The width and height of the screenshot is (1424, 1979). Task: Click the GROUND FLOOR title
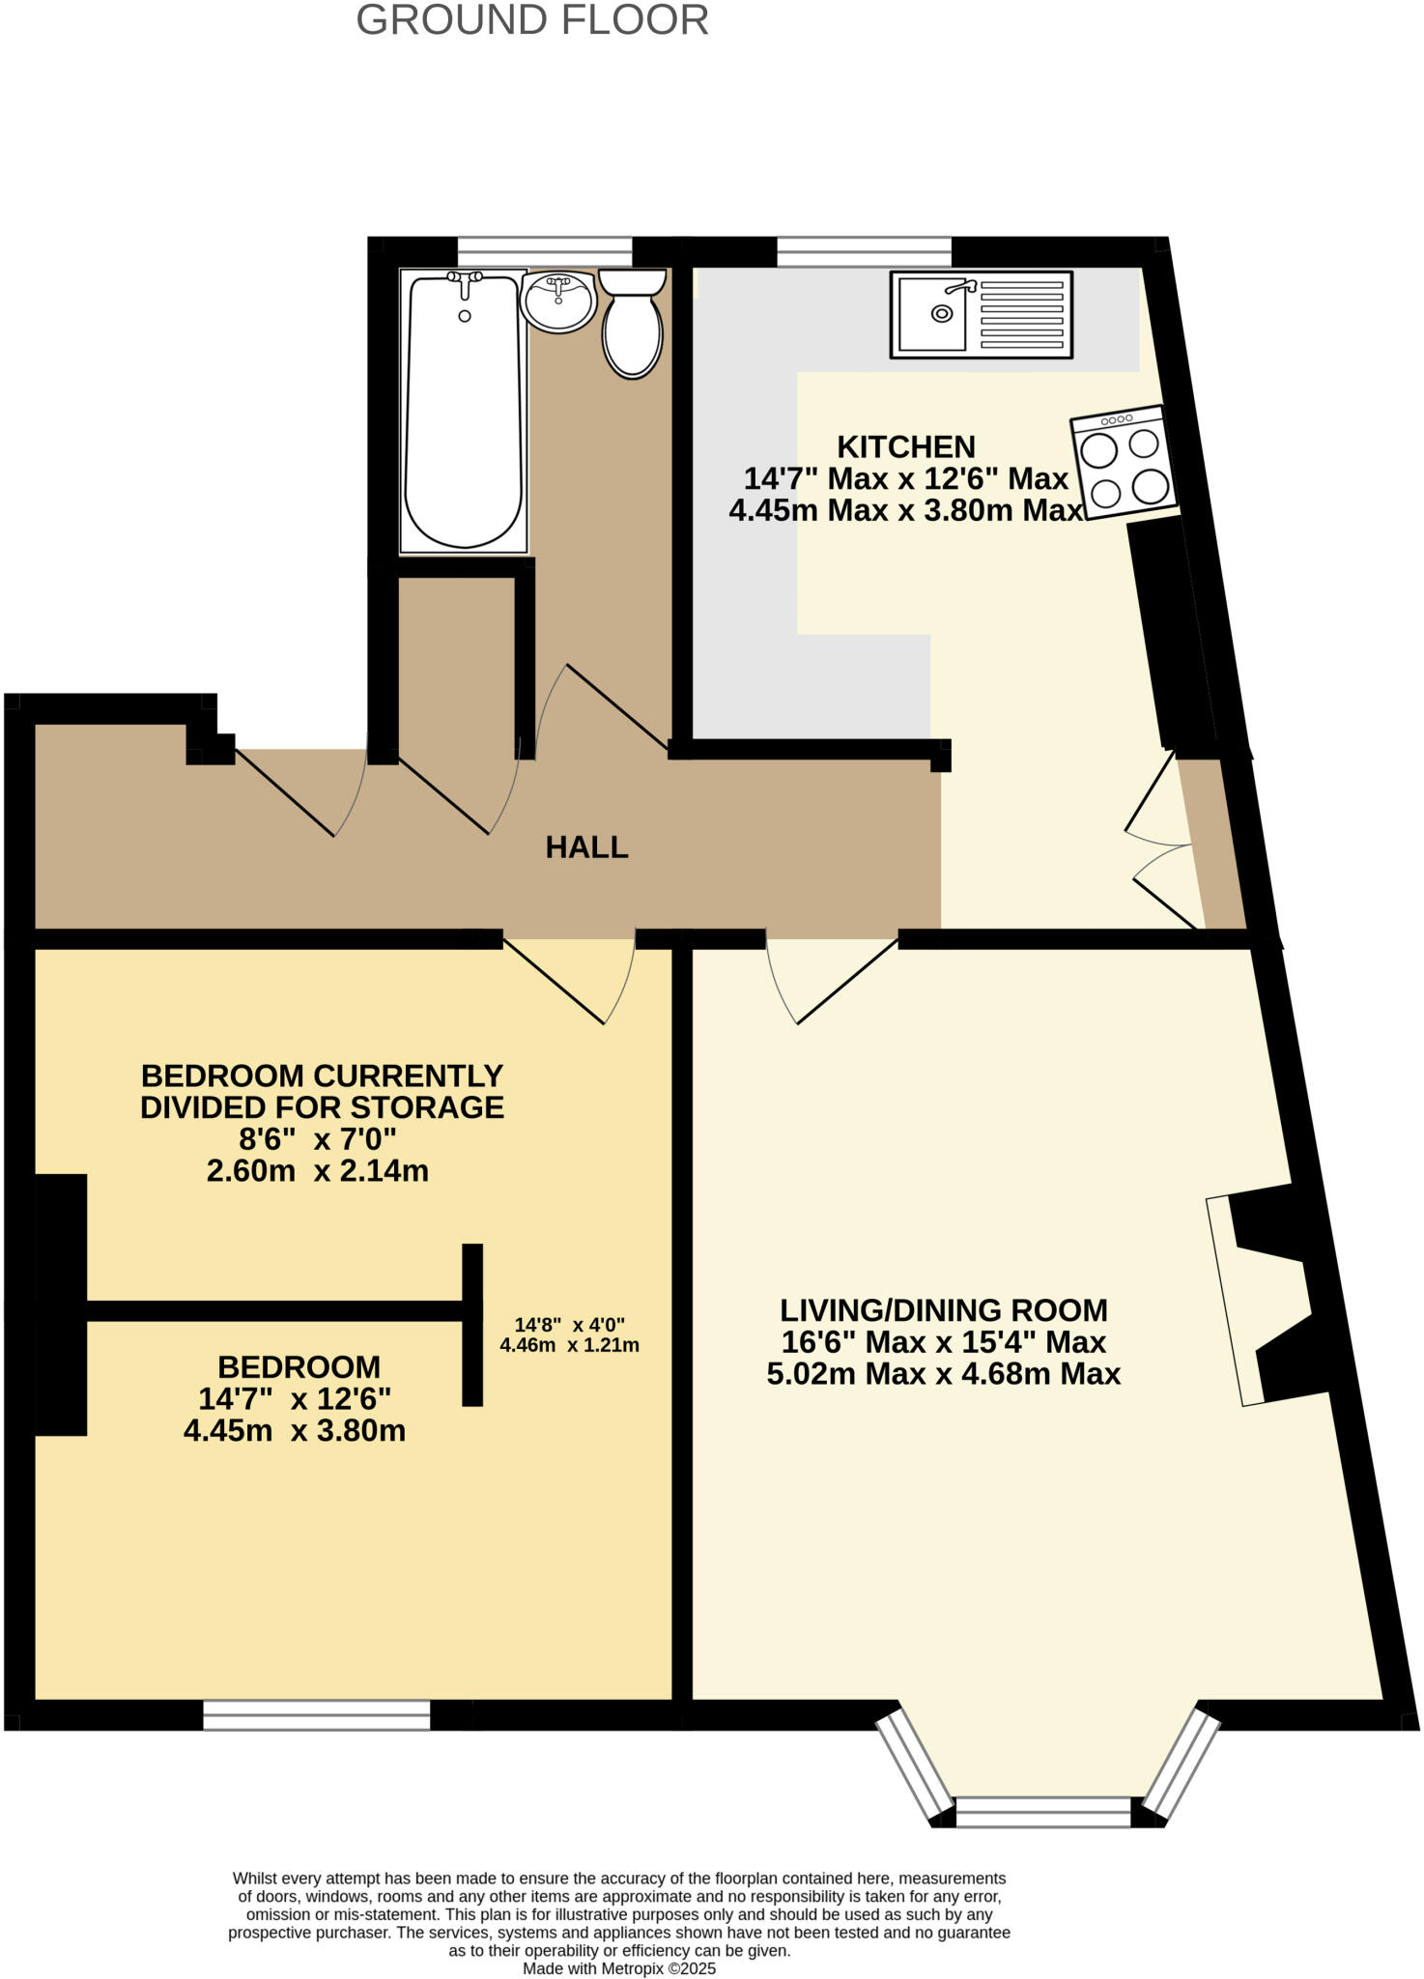coord(532,20)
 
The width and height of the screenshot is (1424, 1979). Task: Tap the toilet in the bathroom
coord(633,325)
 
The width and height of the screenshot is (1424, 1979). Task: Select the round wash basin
coord(557,301)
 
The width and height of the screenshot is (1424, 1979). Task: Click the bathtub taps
coord(465,280)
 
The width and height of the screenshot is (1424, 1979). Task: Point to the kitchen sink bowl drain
coord(941,313)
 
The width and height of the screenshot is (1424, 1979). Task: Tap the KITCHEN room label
coord(905,447)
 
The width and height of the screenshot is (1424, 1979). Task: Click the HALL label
coord(586,847)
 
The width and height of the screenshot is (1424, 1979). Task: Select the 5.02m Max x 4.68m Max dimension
coord(943,1373)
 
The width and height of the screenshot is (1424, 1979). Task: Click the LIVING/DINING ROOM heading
coord(943,1310)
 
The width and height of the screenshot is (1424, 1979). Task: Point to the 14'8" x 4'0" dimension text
coord(569,1324)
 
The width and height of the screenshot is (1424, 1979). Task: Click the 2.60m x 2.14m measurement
coord(317,1171)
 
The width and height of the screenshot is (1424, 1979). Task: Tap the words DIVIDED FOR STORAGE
coord(322,1107)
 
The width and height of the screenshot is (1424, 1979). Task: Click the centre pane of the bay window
coord(1042,1812)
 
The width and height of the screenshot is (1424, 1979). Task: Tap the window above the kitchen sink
coord(864,252)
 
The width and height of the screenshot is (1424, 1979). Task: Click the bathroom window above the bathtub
coord(544,252)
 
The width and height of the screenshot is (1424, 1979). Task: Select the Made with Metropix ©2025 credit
coord(619,1968)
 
